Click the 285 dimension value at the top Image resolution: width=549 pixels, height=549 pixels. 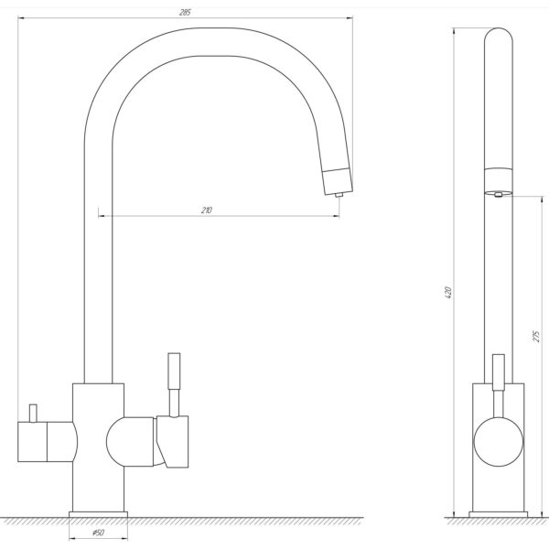185,13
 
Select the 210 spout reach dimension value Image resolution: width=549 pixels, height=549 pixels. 207,210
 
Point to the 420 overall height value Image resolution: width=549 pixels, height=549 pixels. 448,293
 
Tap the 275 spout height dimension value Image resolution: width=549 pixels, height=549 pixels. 537,336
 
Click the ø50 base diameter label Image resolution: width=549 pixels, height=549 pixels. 99,533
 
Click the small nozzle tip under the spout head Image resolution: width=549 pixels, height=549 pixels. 339,195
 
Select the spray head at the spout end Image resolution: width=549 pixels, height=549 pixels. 337,181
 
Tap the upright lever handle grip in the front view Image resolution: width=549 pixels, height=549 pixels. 174,371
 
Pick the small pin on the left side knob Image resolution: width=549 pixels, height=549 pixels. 33,414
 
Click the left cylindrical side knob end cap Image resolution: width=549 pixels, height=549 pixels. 32,442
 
